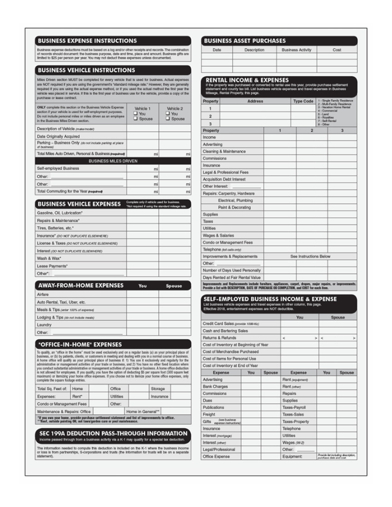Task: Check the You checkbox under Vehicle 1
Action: coord(135,114)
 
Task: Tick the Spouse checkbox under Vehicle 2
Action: coord(168,119)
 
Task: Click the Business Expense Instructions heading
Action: coord(87,41)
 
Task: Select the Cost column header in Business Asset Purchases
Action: coord(337,50)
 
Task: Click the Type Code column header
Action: coord(303,101)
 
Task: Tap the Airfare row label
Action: coord(43,294)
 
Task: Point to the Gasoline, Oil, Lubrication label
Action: coord(60,213)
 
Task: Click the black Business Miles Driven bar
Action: coord(112,161)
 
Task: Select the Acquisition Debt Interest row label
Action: coord(224,179)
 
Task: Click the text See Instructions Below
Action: coord(310,256)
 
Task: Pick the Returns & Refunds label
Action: coord(220,338)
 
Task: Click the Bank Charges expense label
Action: coord(215,386)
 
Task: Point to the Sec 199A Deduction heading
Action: coord(112,433)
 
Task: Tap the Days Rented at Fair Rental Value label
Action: coord(232,277)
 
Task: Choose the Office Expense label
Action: coord(216,456)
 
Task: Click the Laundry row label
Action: coord(44,325)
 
